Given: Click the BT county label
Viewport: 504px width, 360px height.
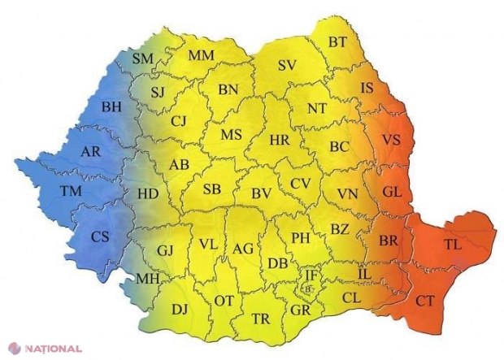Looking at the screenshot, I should coord(338,41).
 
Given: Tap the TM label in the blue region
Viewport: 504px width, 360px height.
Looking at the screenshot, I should coord(72,192).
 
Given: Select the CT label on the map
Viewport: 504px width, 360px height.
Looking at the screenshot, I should coord(424,301).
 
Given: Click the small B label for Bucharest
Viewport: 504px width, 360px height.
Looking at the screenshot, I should coord(308,288).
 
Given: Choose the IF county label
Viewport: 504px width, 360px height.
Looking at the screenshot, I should coord(311,275).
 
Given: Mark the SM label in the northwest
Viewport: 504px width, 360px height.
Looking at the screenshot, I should coord(142,58).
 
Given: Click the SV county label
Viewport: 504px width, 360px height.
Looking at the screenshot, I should coord(286,66).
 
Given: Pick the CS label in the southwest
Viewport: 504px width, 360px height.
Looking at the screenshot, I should coord(100,236).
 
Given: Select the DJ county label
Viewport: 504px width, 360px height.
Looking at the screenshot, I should coord(180,309).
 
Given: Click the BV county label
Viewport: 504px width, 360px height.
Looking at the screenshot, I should coord(261,193).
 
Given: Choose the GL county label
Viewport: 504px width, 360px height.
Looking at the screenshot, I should coord(392,192).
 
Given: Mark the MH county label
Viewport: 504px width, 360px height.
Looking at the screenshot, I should coord(146,278).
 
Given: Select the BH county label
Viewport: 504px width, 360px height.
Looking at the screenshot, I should coord(111,106).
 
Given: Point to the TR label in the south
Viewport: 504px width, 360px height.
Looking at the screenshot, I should coord(260,319).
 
